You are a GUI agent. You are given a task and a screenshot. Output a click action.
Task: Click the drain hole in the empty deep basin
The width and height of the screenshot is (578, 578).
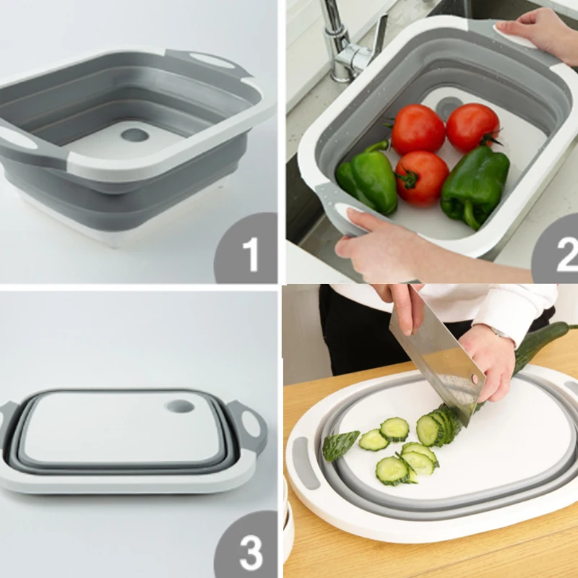(134, 135)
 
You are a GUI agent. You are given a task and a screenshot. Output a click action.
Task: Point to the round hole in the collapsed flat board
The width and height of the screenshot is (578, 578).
(180, 406)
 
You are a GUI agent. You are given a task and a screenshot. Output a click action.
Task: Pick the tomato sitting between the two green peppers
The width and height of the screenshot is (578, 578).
(421, 178)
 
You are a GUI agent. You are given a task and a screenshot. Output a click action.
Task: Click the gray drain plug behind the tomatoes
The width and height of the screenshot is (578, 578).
(449, 107)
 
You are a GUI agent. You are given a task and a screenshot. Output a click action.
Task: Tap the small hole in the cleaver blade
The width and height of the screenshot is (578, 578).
(475, 377)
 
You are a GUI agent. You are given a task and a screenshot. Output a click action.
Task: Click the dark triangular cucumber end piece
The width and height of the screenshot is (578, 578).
(340, 444)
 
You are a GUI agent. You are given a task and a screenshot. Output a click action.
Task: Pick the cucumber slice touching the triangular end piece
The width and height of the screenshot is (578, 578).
(374, 440)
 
